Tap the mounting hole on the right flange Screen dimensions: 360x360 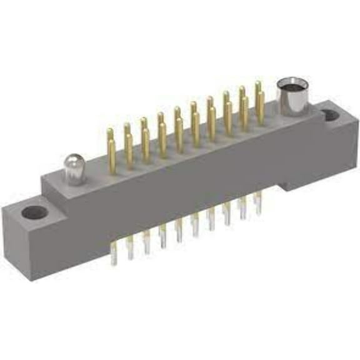[328, 116]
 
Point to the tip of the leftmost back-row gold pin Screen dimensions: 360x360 [110, 132]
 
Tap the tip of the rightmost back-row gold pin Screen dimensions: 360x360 [257, 84]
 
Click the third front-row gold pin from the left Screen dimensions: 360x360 [146, 145]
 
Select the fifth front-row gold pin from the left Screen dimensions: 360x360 [179, 134]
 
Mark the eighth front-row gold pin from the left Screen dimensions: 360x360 [229, 116]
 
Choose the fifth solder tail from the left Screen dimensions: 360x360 [179, 231]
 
